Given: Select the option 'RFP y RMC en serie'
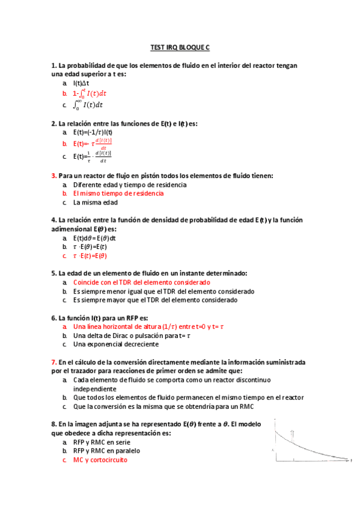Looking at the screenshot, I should [x=101, y=441].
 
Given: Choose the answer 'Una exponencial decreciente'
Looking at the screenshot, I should [x=115, y=345].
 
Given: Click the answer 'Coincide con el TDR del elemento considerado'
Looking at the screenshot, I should [x=141, y=282].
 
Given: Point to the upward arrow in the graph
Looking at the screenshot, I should [x=292, y=432].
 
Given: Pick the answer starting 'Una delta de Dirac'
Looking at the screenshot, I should [x=131, y=336].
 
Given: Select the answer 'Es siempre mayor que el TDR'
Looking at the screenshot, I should [x=155, y=300].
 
